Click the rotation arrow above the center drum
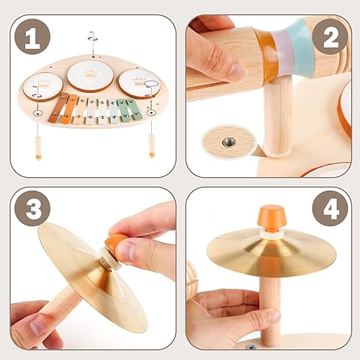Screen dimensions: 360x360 (x=91, y=37)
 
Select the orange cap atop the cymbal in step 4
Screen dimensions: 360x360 (x=271, y=217)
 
